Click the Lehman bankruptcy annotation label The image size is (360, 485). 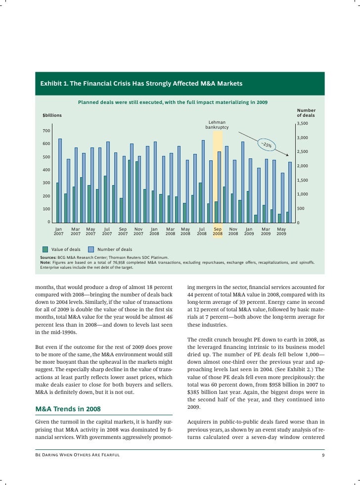[x=217, y=125]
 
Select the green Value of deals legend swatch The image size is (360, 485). [x=45, y=249]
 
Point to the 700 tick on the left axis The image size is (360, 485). [x=45, y=131]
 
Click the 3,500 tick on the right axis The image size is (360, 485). [x=302, y=123]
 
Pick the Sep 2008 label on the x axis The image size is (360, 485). [x=218, y=231]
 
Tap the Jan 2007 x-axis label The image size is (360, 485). [x=58, y=231]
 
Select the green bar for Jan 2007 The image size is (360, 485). [x=57, y=202]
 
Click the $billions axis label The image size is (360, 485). [x=52, y=115]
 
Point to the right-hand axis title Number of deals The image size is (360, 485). [x=306, y=113]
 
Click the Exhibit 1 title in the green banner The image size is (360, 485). [x=141, y=84]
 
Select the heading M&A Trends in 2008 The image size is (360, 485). [x=68, y=409]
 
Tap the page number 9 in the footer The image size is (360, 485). [x=322, y=455]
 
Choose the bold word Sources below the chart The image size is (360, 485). [x=48, y=258]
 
